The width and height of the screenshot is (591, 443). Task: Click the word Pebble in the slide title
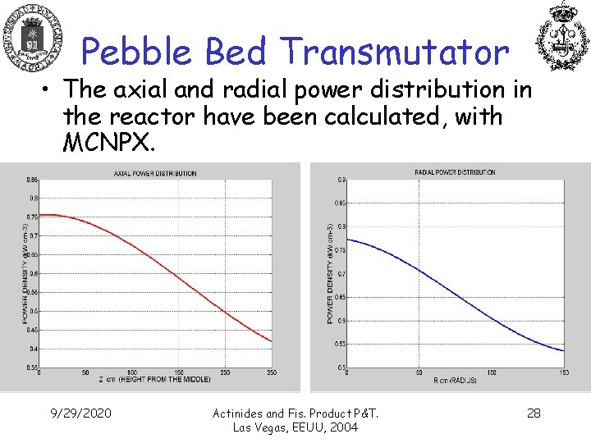pos(138,53)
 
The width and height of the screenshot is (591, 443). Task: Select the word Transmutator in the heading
pos(393,53)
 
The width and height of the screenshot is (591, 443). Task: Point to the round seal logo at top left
pos(33,38)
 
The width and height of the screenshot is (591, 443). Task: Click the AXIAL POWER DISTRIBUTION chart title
pos(155,173)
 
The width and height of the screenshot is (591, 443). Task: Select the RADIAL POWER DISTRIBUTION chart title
pos(455,172)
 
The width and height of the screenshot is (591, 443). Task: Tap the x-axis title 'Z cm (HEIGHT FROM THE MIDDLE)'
pos(155,379)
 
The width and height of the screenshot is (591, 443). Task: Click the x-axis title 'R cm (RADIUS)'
pos(454,380)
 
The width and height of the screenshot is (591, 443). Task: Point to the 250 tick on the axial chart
pos(272,372)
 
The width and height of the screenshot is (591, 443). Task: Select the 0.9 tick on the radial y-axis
pos(340,180)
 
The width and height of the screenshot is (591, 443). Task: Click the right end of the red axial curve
pos(271,340)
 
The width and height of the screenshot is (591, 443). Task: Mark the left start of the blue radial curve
pos(348,240)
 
